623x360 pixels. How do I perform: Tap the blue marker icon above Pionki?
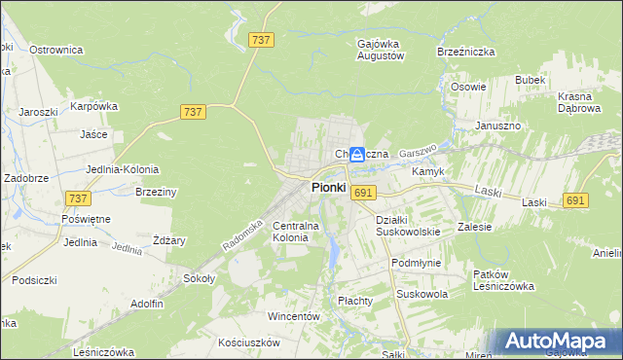[x=357, y=154]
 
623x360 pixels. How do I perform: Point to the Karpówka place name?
[x=93, y=106]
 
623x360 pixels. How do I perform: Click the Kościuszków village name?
[x=249, y=342]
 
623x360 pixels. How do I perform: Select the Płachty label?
[x=355, y=301]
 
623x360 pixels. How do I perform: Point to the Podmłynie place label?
[x=416, y=263]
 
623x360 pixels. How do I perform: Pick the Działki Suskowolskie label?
[x=408, y=226]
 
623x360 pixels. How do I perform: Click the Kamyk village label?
[x=428, y=171]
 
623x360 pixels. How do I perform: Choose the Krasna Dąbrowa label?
[x=581, y=103]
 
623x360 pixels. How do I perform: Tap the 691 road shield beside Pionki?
[x=364, y=193]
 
